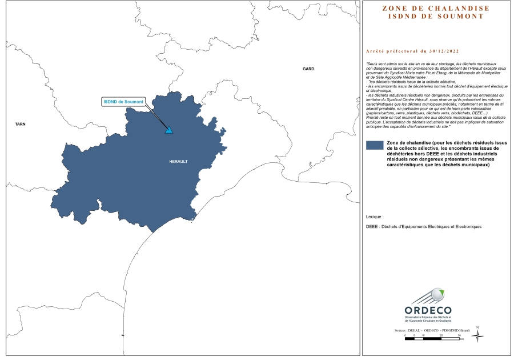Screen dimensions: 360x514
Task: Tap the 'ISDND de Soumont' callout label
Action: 123,102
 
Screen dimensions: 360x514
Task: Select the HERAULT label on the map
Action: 178,162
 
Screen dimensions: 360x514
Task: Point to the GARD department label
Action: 308,69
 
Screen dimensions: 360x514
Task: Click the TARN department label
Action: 21,123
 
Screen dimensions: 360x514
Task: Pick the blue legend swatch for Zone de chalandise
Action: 374,146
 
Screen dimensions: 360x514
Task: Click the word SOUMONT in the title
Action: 461,16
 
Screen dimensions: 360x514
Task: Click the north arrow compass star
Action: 477,337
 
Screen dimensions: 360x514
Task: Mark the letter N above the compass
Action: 477,327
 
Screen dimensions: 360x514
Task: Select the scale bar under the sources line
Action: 432,339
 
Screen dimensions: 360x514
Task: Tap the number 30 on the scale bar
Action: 459,335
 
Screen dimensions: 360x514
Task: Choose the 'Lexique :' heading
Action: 375,217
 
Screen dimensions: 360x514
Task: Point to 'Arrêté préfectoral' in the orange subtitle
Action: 390,51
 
